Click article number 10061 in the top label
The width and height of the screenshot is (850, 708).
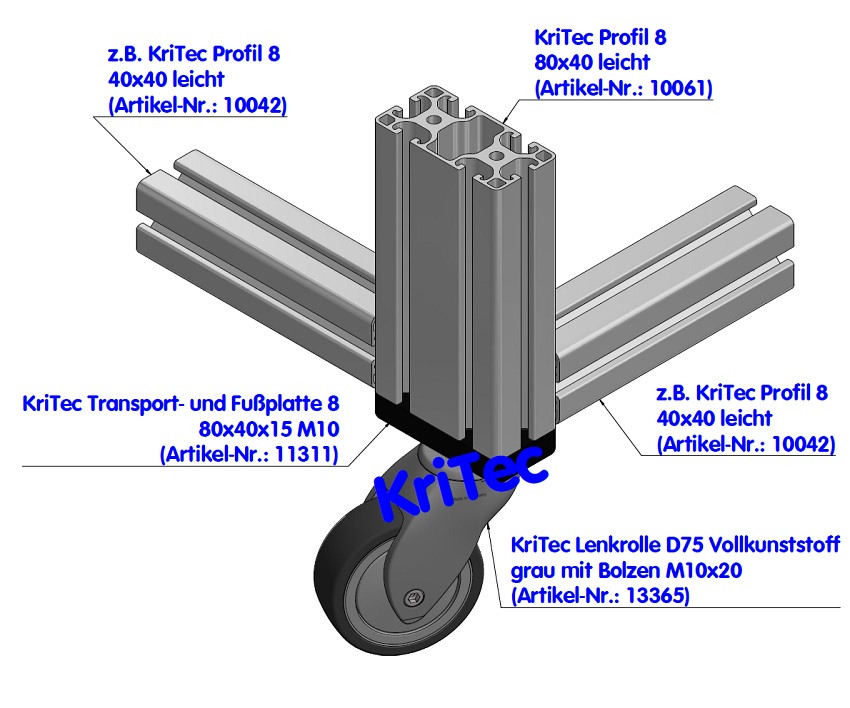(x=683, y=87)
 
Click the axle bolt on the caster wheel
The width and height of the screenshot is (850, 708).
(x=412, y=598)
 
